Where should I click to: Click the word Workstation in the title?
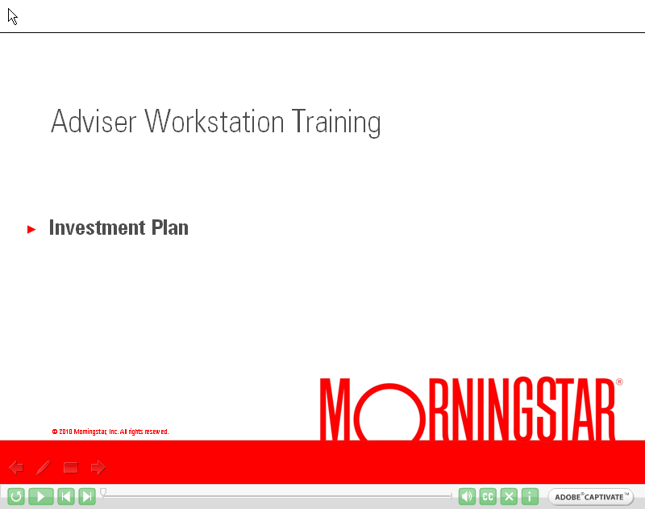click(x=215, y=122)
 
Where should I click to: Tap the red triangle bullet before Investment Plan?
click(x=32, y=230)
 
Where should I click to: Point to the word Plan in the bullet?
click(x=169, y=228)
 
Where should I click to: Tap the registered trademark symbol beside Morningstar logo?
click(x=619, y=382)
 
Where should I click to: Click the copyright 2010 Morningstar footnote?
click(x=110, y=432)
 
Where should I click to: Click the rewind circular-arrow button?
click(x=15, y=497)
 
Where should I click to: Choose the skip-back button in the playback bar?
click(x=66, y=497)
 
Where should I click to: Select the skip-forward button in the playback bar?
click(x=87, y=497)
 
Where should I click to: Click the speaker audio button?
click(x=467, y=497)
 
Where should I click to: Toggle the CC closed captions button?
click(x=488, y=497)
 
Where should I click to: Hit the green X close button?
click(x=509, y=497)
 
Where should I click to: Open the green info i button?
click(x=530, y=497)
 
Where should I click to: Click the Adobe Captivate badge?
click(x=590, y=497)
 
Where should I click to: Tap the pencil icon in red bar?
click(x=44, y=467)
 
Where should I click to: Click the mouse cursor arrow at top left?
click(x=12, y=16)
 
